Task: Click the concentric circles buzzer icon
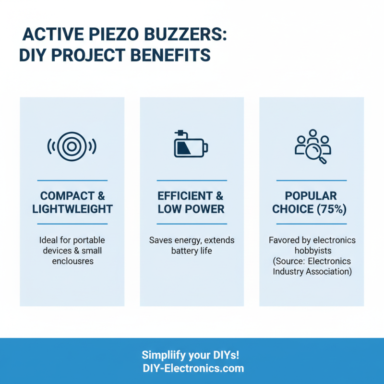(x=72, y=145)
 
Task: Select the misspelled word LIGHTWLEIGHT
(x=72, y=209)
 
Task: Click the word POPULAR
(x=311, y=196)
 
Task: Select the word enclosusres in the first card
(x=72, y=261)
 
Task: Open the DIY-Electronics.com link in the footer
(x=193, y=369)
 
